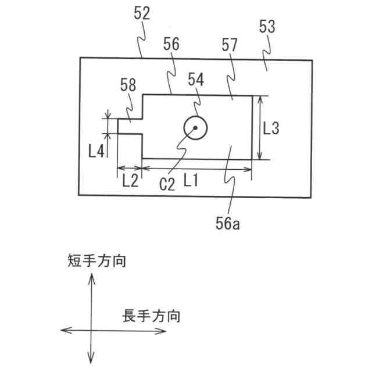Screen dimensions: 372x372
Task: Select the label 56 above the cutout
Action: point(171,44)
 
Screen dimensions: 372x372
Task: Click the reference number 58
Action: point(128,85)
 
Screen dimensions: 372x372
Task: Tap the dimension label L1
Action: point(191,181)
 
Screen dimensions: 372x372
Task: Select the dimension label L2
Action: point(130,181)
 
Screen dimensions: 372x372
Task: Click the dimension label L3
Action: point(271,128)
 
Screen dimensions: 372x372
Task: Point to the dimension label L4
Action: point(96,151)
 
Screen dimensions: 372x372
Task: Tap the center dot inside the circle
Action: point(195,128)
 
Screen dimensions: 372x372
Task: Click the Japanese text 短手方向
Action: point(96,260)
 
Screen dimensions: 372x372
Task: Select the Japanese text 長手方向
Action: point(151,317)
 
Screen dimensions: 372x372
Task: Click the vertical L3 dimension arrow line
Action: point(259,128)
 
